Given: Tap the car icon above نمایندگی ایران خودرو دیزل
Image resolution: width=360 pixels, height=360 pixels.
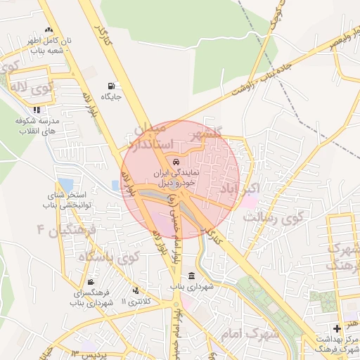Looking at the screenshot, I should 175,162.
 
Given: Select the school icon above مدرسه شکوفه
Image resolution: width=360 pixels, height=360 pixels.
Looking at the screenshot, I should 36,110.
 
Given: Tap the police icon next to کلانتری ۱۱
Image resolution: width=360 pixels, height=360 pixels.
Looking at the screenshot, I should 135,291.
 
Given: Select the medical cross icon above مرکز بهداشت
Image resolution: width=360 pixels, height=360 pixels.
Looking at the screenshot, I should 337,328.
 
